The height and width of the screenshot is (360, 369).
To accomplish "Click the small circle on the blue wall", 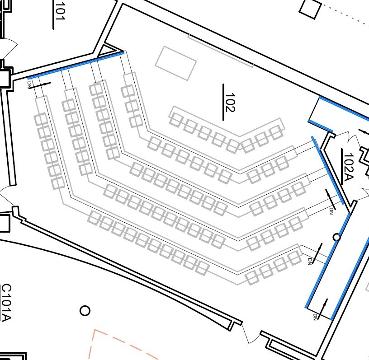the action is tap(337, 237).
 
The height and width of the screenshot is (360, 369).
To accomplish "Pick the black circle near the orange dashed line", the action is tap(85, 310).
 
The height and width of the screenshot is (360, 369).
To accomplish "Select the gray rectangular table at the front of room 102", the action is tap(175, 63).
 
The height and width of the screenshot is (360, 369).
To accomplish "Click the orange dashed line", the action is tap(123, 343).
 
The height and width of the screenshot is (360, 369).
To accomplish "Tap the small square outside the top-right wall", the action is tap(310, 9).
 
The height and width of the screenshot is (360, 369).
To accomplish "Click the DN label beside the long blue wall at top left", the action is tap(29, 84).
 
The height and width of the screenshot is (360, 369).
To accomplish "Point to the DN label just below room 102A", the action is tap(331, 211).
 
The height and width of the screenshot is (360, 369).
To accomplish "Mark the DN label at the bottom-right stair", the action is tap(315, 317).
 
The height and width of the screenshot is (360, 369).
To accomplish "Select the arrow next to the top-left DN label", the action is tap(39, 86).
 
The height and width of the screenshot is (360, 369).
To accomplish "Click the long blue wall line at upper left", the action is tap(76, 65).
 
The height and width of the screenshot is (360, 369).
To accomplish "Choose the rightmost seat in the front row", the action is tap(276, 132).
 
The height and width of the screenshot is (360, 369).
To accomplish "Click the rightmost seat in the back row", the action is tap(294, 257).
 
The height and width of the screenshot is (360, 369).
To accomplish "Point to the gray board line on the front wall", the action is tap(221, 51).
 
